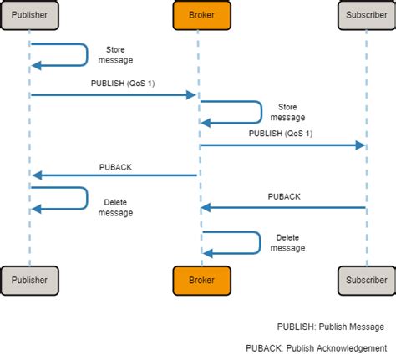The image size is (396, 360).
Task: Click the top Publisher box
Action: point(30,14)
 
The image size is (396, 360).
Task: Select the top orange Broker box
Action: point(199,14)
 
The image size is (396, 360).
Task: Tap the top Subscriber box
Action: point(366,14)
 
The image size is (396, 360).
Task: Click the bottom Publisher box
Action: point(30,280)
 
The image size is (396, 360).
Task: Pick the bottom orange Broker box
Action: point(199,280)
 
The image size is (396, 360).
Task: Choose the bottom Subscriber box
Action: point(366,280)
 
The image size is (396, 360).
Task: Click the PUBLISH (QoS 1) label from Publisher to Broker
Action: point(116,84)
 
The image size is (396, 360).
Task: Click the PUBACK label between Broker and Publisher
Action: point(115,166)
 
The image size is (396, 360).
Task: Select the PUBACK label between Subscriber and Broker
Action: point(284,196)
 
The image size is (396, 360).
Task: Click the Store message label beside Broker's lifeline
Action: point(287,112)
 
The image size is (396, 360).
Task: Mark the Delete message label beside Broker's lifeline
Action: point(287,242)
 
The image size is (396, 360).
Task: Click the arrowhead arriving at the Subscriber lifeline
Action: point(360,145)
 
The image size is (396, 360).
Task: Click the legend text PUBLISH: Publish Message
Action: point(331,327)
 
